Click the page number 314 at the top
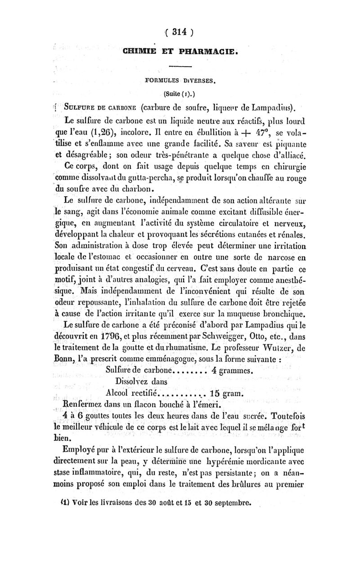(180, 32)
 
